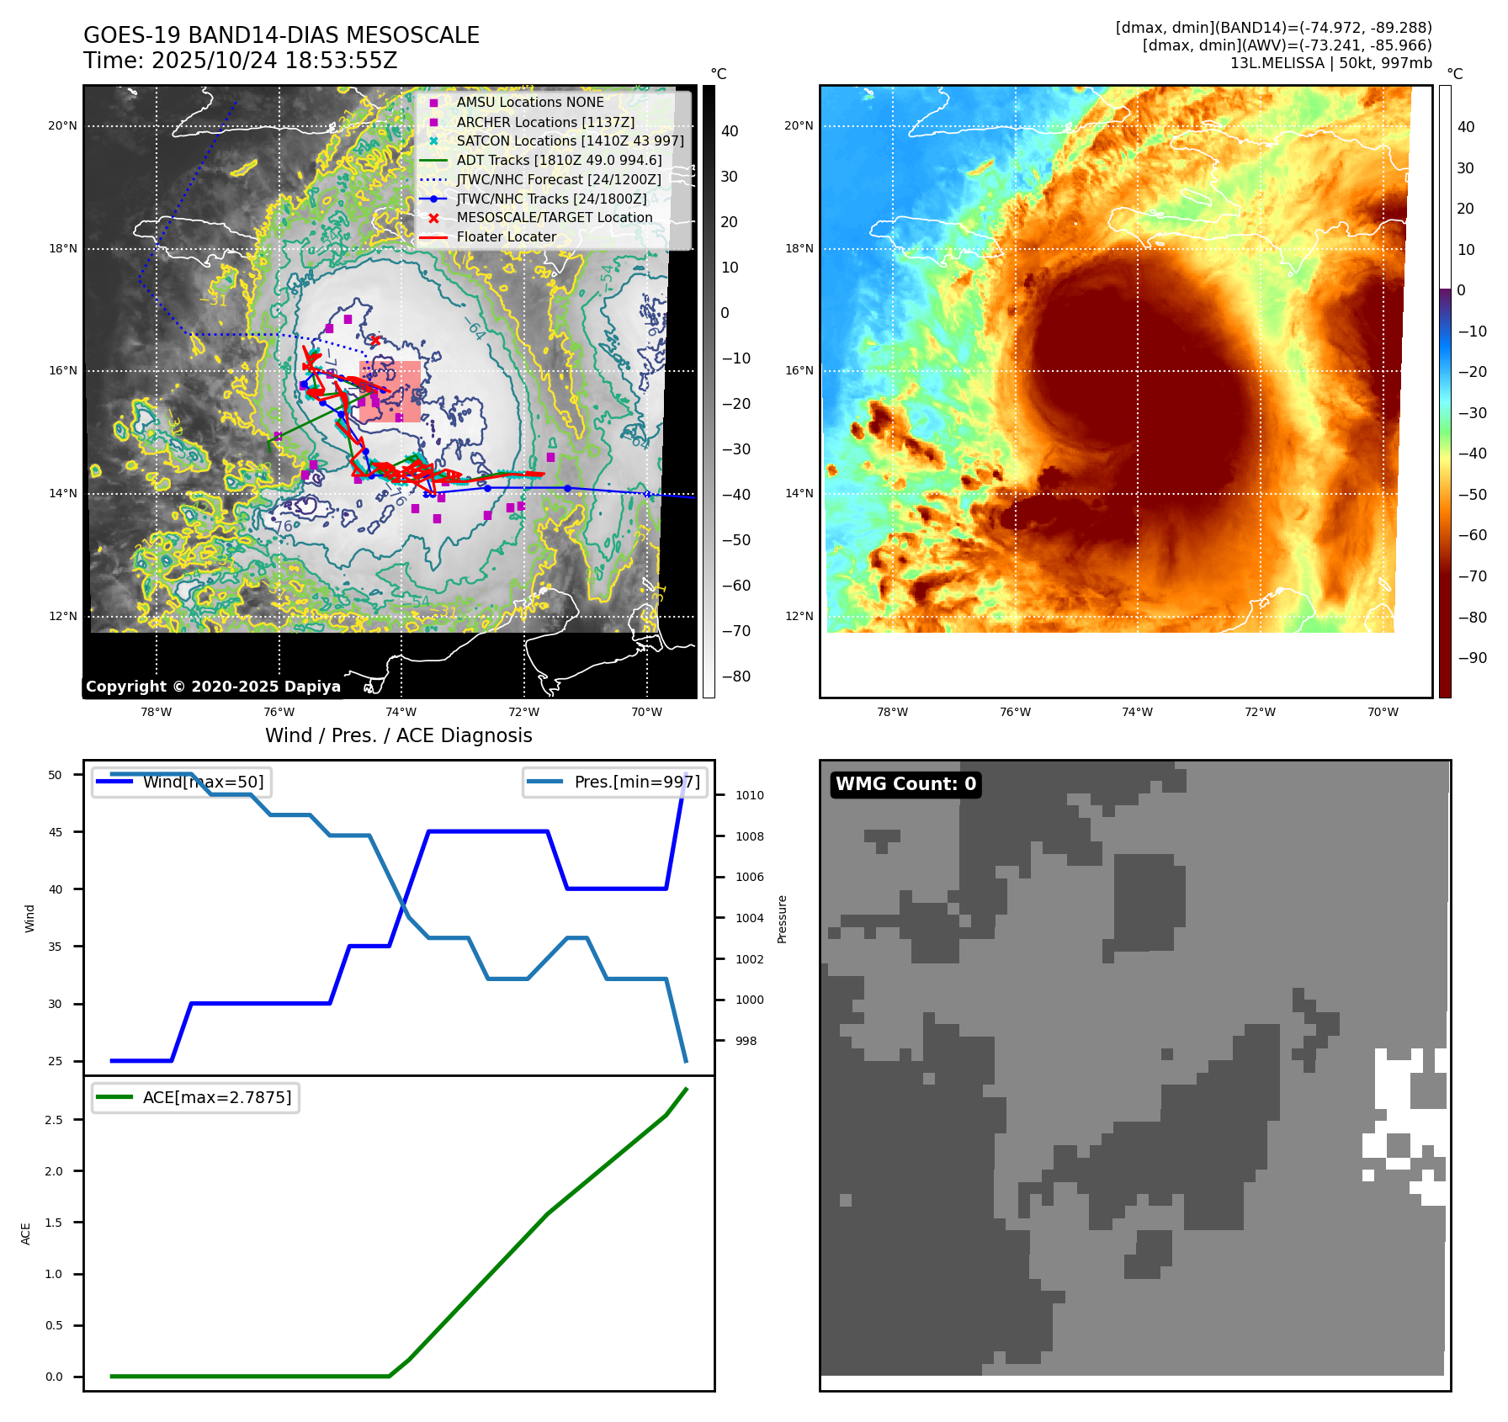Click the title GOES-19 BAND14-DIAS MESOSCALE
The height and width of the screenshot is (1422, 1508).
point(281,35)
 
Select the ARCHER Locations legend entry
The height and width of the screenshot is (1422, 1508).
point(545,122)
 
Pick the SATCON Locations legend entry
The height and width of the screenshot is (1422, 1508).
point(570,141)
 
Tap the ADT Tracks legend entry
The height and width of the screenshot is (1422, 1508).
point(559,160)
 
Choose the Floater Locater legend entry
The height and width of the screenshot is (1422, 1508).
point(506,237)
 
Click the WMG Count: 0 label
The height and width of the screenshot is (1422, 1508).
point(905,784)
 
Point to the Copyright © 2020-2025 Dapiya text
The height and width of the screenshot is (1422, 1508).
point(213,687)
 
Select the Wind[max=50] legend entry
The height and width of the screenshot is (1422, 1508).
point(203,782)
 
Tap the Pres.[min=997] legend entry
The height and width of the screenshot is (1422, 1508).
point(636,782)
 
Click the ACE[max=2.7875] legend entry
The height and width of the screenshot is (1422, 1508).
point(217,1097)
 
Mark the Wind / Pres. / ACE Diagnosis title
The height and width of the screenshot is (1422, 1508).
point(398,735)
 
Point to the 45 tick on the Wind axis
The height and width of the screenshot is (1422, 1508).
point(56,832)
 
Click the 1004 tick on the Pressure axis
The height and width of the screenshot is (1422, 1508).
point(749,918)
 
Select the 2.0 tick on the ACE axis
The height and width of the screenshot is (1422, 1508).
point(54,1171)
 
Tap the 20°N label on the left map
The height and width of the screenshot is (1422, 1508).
point(62,126)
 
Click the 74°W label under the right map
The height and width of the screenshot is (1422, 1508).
point(1137,712)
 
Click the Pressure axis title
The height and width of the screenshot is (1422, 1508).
point(782,919)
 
